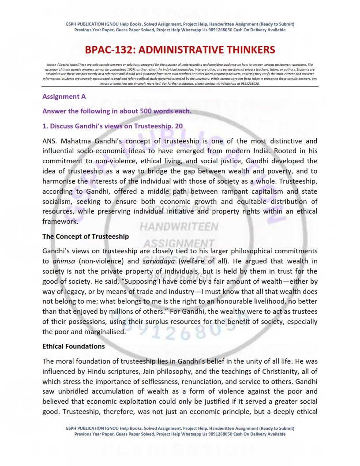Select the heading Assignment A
64,96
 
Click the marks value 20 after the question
179,126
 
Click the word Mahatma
75,141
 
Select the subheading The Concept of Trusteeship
86,237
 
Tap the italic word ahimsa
64,261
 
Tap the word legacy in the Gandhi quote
75,292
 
